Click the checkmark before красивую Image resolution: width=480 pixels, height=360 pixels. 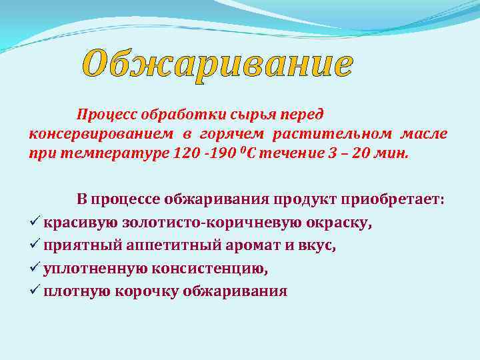point(35,222)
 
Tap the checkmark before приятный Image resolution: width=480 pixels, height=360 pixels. point(35,245)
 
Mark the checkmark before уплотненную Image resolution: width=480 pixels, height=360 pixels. point(35,268)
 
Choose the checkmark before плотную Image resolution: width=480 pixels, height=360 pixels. point(35,291)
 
